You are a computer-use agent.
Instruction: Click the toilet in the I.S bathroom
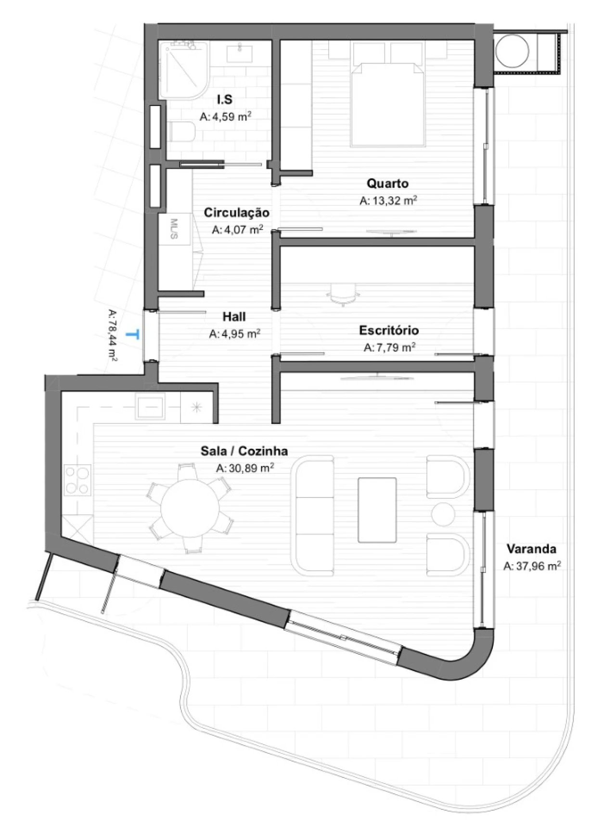pyautogui.click(x=181, y=131)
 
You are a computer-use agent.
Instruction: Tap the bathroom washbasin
pyautogui.click(x=239, y=53)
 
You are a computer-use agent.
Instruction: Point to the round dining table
pyautogui.click(x=190, y=508)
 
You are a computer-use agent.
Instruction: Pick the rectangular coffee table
pyautogui.click(x=377, y=510)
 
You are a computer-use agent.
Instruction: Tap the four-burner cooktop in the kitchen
pyautogui.click(x=77, y=480)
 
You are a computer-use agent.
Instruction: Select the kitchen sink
pyautogui.click(x=150, y=407)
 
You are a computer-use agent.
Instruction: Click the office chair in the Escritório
pyautogui.click(x=343, y=294)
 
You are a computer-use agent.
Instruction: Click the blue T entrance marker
pyautogui.click(x=133, y=334)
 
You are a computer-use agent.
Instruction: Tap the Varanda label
pyautogui.click(x=531, y=549)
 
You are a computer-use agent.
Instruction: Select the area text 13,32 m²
pyautogui.click(x=388, y=201)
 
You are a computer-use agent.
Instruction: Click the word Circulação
pyautogui.click(x=236, y=212)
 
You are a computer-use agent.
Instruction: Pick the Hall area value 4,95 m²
pyautogui.click(x=235, y=333)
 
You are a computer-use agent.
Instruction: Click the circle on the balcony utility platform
pyautogui.click(x=513, y=51)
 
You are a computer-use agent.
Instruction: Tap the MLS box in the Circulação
pyautogui.click(x=174, y=229)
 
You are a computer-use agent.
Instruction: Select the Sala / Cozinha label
pyautogui.click(x=244, y=451)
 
